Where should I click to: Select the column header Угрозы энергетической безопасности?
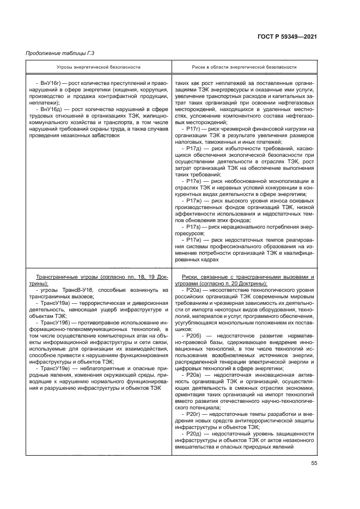(96, 67)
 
